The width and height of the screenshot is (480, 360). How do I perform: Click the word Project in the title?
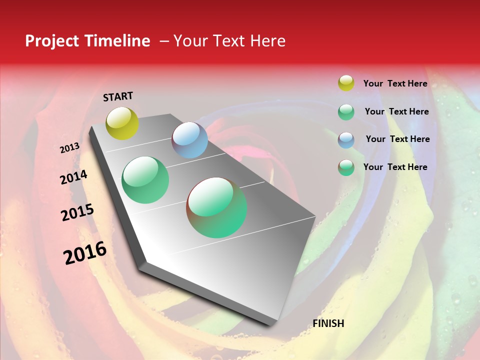[x=52, y=41]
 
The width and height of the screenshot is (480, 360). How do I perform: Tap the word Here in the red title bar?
[x=266, y=41]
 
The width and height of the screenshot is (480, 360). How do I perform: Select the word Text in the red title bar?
[x=228, y=41]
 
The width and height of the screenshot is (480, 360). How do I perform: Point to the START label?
[x=118, y=96]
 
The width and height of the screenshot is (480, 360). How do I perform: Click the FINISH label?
[x=328, y=323]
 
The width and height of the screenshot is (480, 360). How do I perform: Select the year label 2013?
[x=70, y=148]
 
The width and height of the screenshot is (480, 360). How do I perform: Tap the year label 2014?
[x=74, y=177]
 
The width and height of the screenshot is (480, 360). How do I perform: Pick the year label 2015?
[x=77, y=212]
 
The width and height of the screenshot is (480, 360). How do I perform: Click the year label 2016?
[x=85, y=253]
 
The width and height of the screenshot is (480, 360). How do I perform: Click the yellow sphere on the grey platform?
[x=122, y=123]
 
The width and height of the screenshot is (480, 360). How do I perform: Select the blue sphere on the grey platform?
[x=189, y=140]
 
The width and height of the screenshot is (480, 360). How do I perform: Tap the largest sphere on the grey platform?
[x=216, y=207]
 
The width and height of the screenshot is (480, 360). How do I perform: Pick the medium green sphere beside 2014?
[x=145, y=180]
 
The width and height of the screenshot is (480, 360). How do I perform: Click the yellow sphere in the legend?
[x=346, y=83]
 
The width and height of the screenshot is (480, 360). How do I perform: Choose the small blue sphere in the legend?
[x=346, y=139]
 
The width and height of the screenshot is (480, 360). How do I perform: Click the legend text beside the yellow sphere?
[x=395, y=83]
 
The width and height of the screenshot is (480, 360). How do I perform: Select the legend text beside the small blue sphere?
[x=397, y=139]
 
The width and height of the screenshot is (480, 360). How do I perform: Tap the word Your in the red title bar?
[x=190, y=41]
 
